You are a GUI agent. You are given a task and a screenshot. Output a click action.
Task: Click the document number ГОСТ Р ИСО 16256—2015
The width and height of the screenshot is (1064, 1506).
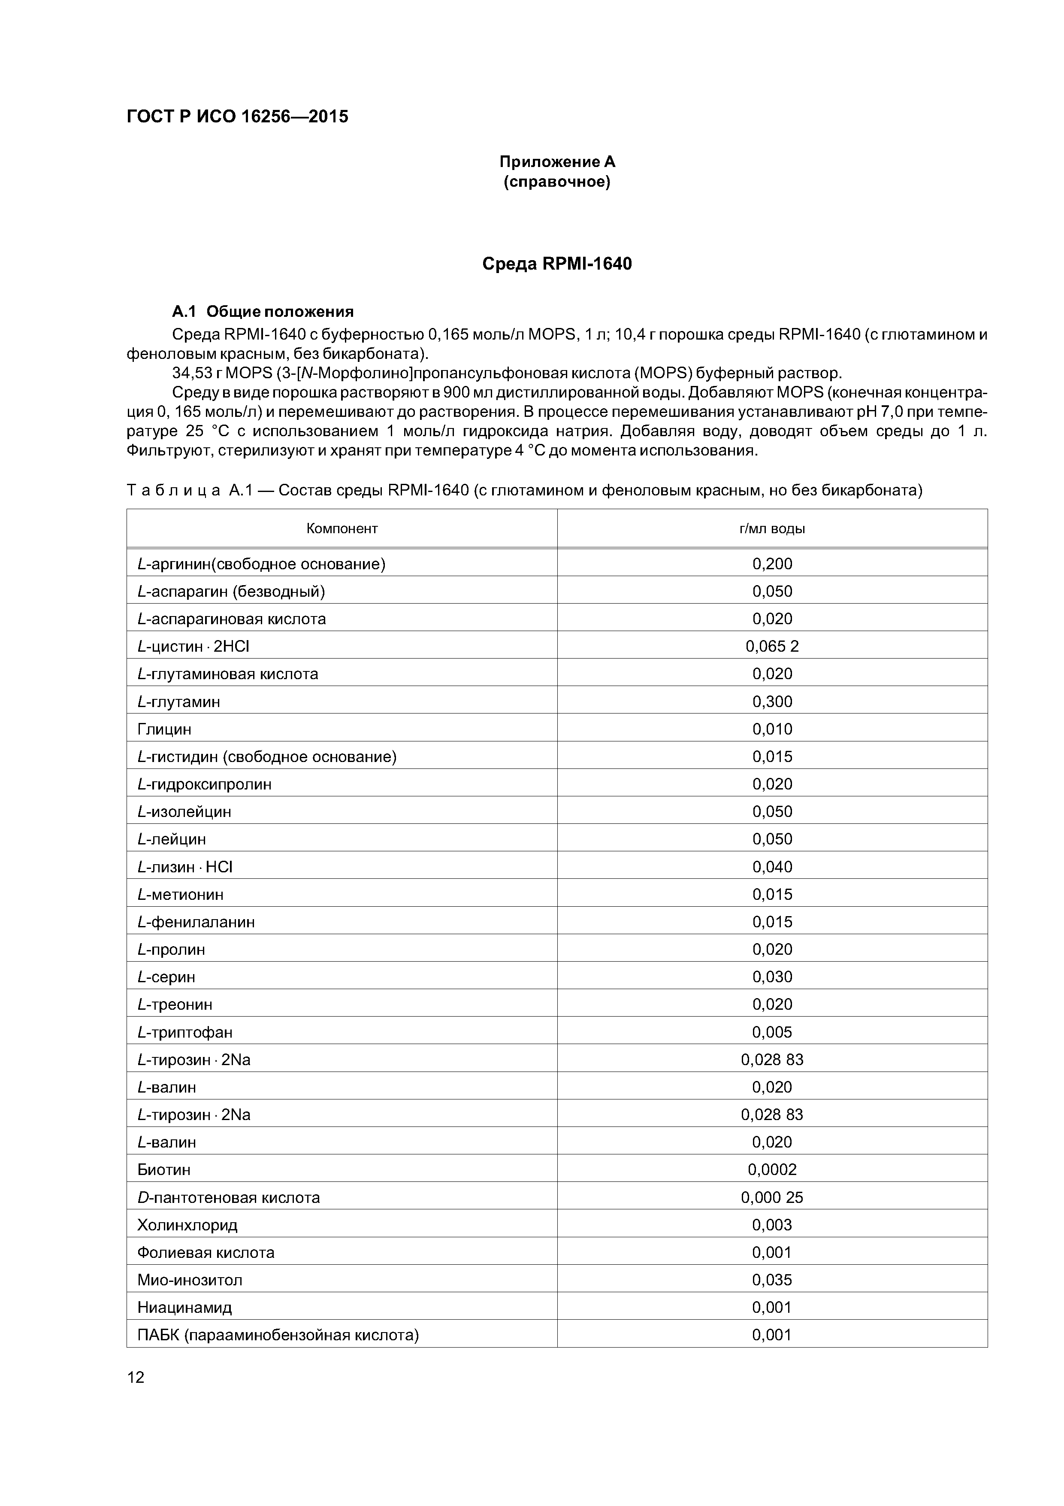tap(237, 117)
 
